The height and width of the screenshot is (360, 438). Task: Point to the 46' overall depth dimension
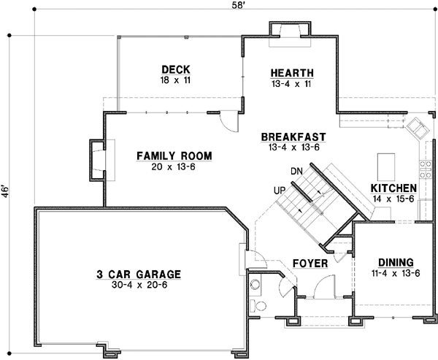pos(5,191)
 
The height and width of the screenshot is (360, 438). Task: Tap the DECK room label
pos(175,69)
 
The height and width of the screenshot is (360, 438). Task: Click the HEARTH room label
pos(292,73)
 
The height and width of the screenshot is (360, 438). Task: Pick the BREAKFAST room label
pos(293,137)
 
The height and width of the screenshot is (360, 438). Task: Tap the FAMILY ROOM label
pos(174,156)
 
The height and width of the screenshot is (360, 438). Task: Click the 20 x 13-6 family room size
pos(174,166)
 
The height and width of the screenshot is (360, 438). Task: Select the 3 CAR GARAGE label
pos(138,275)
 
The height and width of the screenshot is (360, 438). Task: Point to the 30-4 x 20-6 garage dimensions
pos(138,286)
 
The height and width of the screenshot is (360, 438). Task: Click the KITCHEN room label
pos(394,188)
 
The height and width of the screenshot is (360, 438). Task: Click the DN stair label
pos(297,171)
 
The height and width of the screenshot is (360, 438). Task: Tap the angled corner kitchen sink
pos(418,127)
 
